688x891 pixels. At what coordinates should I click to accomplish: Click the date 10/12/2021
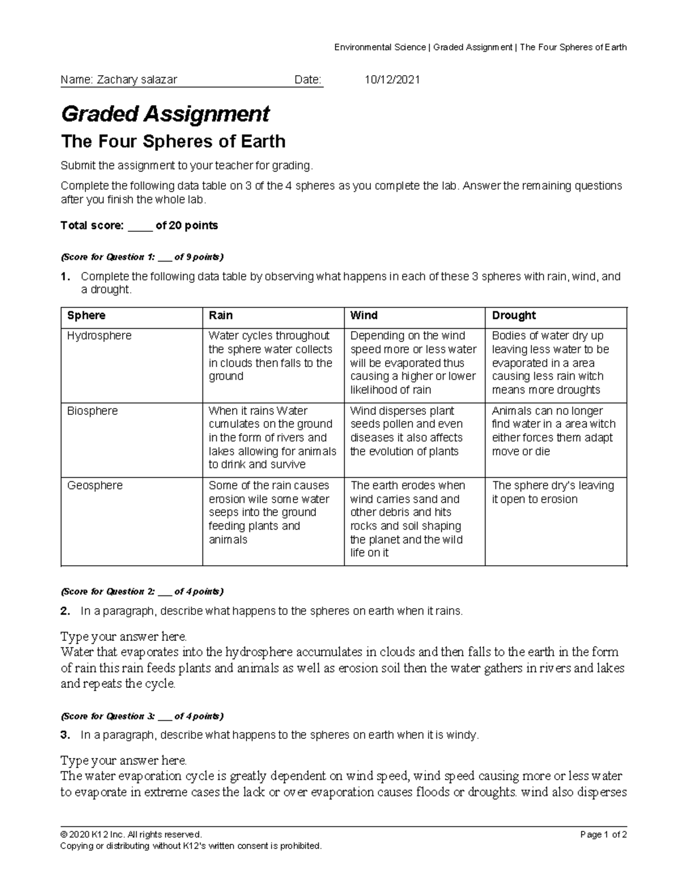[392, 80]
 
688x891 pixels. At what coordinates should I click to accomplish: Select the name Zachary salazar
[137, 80]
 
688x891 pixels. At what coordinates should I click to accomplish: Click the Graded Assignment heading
[165, 114]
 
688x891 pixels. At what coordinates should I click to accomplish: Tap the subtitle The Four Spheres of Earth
[173, 141]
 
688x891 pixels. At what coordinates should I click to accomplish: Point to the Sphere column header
[87, 316]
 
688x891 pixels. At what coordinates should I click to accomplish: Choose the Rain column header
[221, 316]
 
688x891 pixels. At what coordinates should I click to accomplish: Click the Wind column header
[363, 316]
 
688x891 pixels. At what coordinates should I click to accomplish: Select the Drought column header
[514, 316]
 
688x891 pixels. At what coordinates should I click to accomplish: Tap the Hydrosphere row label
[99, 336]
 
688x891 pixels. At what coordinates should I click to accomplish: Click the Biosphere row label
[92, 411]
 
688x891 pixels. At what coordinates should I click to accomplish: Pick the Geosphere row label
[95, 485]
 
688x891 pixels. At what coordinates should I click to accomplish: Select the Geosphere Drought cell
[553, 492]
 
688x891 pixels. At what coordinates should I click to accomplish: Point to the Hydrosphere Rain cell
[270, 356]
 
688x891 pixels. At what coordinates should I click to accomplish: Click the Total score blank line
[139, 226]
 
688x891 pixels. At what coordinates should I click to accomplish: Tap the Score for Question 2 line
[142, 592]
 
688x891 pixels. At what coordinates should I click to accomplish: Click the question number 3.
[65, 735]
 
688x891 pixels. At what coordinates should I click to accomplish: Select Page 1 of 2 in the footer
[603, 835]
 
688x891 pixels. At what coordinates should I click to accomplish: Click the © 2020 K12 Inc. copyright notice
[131, 835]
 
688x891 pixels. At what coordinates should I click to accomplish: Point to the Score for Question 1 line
[142, 256]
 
